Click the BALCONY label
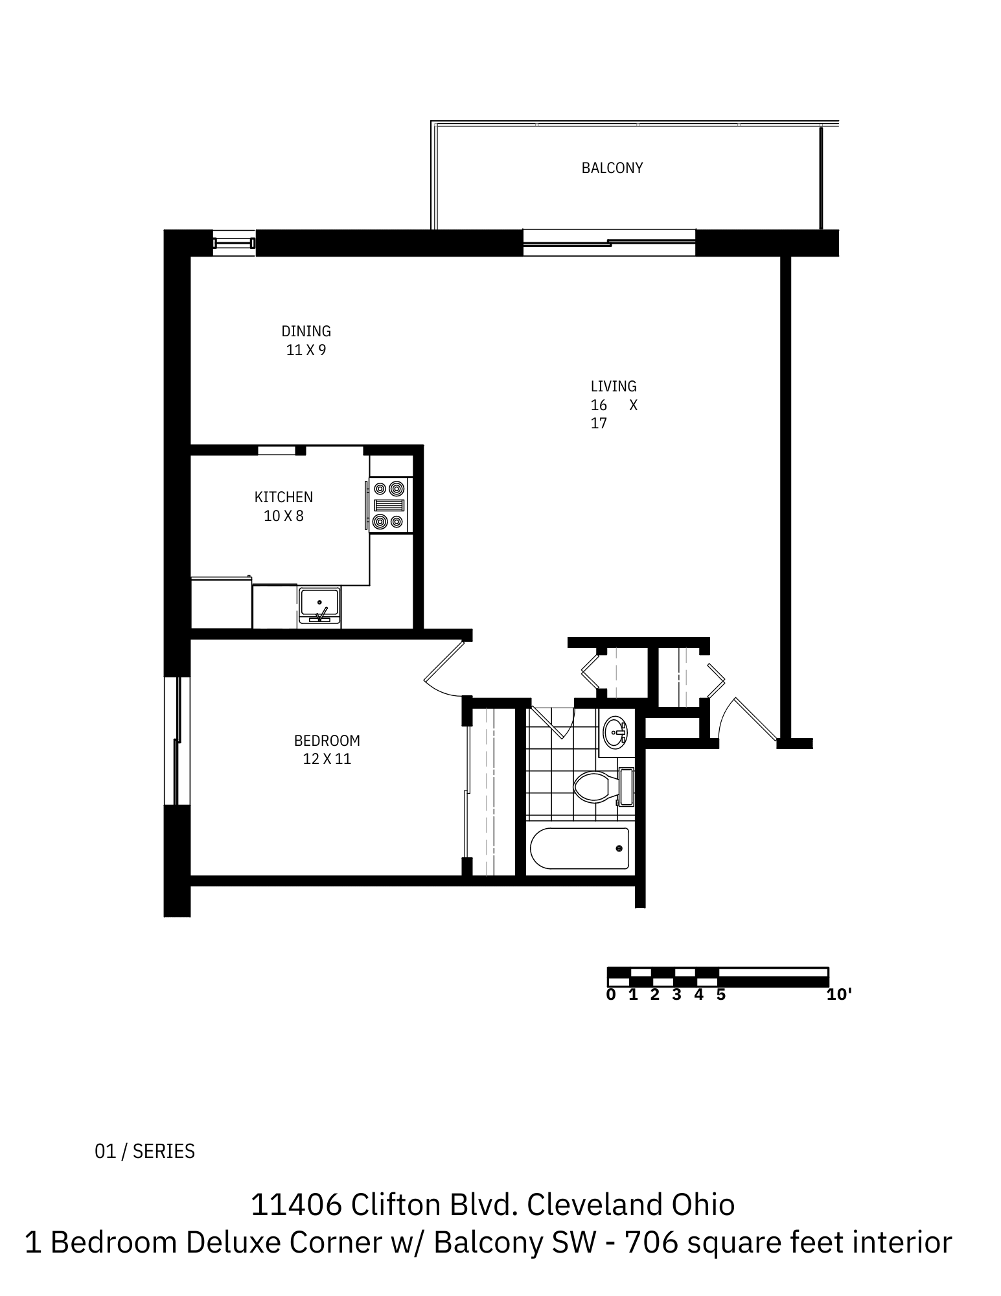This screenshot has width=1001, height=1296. [x=612, y=168]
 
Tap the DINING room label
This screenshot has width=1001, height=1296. [x=306, y=331]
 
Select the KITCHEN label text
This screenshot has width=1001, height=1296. [x=283, y=497]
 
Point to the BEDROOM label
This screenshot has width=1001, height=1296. [x=327, y=740]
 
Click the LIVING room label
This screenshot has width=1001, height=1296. [x=613, y=386]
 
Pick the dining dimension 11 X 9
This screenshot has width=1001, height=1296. [x=306, y=350]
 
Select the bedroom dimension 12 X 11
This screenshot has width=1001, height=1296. [x=327, y=759]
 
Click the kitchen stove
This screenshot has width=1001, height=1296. [x=389, y=505]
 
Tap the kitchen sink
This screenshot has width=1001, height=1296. [x=319, y=605]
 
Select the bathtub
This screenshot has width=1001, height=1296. [x=579, y=848]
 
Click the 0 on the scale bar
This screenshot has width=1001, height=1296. [x=610, y=995]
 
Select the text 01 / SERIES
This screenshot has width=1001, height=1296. [x=144, y=1151]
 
